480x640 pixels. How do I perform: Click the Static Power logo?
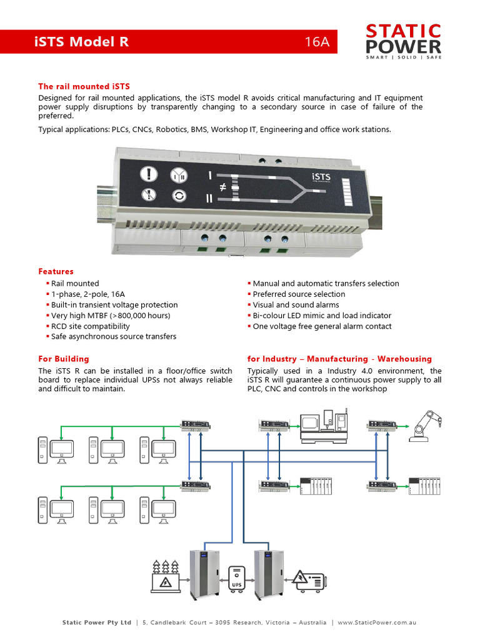403,41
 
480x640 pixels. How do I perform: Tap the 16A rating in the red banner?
316,42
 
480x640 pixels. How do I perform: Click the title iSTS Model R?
82,42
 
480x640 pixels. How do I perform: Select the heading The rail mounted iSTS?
84,86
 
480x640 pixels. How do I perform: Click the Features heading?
56,271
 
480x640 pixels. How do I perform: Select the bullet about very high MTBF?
111,316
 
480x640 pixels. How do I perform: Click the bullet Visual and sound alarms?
296,305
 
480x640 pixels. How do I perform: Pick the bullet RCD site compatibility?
91,326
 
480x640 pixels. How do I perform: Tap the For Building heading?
64,359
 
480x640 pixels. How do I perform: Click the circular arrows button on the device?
179,196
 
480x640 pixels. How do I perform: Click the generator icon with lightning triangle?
308,581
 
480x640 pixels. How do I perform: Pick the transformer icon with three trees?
165,576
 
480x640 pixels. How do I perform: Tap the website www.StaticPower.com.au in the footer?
377,622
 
